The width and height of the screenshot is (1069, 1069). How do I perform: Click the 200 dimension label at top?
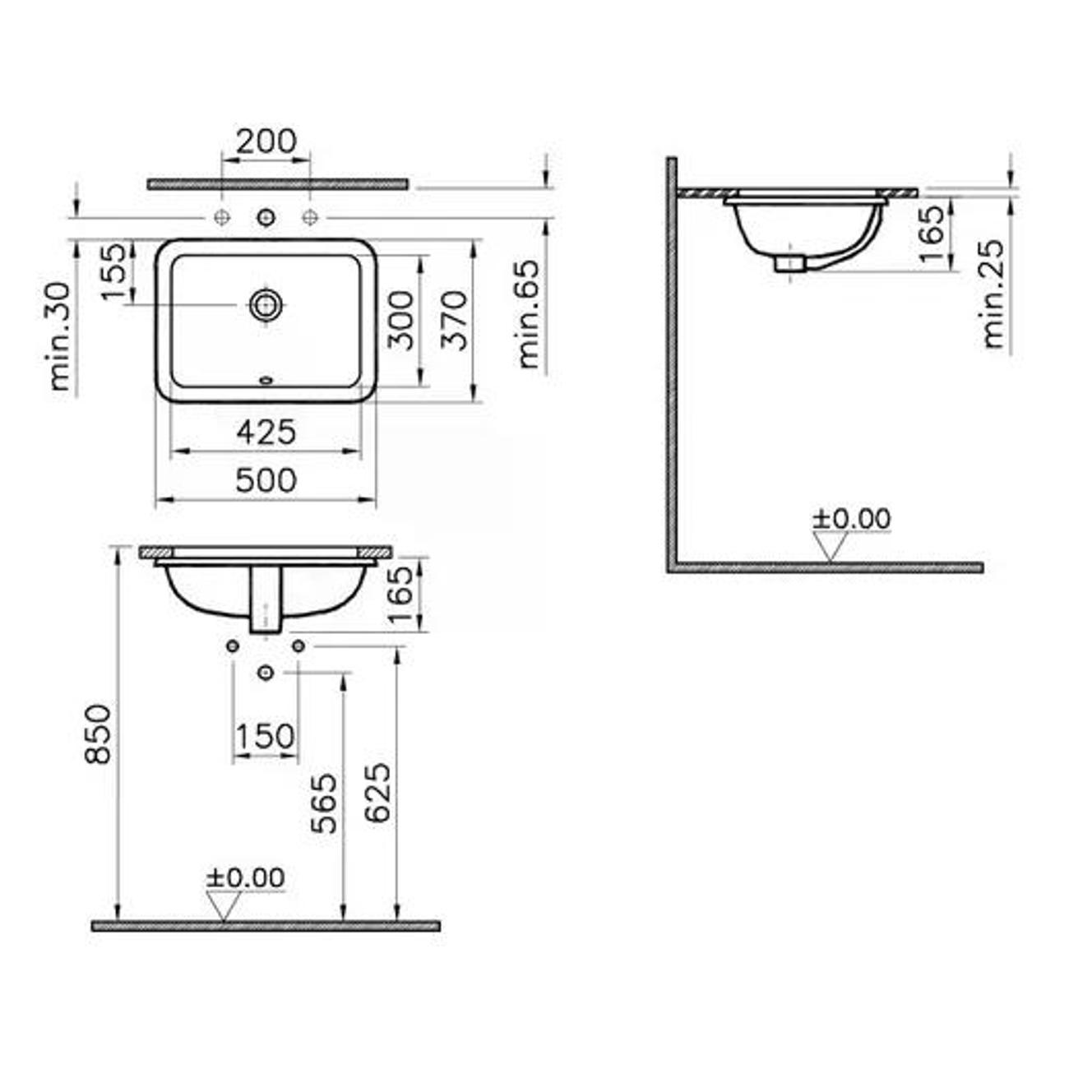click(266, 141)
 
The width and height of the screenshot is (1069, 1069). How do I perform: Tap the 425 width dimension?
click(266, 432)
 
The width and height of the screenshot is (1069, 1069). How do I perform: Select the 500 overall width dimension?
click(266, 480)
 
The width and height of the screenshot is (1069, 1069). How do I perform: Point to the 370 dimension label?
click(455, 320)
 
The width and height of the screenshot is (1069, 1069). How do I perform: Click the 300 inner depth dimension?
click(400, 320)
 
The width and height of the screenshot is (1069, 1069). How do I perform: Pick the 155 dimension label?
click(114, 272)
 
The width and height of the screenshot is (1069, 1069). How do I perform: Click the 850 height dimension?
click(99, 734)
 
